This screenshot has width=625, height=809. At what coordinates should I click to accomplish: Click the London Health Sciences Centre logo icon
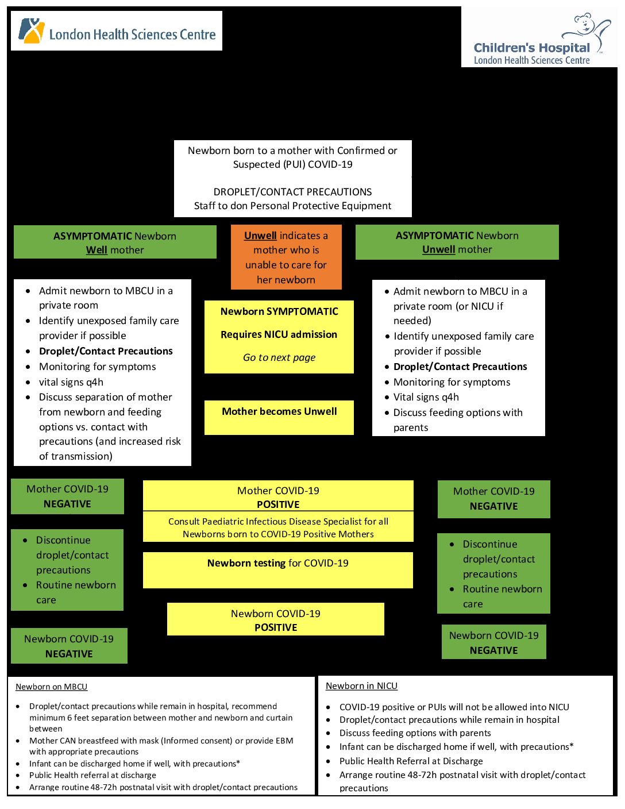[31, 30]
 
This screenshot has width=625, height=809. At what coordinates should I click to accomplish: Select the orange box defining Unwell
[286, 257]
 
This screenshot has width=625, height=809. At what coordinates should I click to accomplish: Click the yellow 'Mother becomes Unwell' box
[279, 417]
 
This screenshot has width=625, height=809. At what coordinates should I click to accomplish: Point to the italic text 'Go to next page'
[279, 357]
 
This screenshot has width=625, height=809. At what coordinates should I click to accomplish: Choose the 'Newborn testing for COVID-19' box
[278, 569]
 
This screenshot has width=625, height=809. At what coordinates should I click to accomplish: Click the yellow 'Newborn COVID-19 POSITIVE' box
[276, 619]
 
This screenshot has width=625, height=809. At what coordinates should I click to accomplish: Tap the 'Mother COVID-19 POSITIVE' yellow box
[278, 496]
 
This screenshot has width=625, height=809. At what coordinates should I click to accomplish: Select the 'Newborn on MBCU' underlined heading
[52, 687]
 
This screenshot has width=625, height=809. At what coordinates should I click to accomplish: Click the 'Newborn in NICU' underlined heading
[361, 686]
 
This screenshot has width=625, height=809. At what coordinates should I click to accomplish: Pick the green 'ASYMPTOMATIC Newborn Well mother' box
[115, 242]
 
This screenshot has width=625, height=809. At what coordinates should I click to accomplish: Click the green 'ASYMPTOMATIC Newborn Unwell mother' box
[457, 242]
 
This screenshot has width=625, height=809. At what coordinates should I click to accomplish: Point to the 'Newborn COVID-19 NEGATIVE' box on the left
[69, 646]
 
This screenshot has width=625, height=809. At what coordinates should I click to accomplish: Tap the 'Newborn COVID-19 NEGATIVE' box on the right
[494, 642]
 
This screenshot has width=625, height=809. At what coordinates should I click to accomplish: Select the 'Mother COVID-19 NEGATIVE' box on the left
[67, 496]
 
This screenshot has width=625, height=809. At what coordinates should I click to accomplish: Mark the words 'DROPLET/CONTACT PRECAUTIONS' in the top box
[292, 192]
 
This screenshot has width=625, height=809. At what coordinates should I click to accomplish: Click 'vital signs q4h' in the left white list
[71, 382]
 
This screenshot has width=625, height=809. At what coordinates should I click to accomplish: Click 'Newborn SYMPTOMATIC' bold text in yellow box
[279, 311]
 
